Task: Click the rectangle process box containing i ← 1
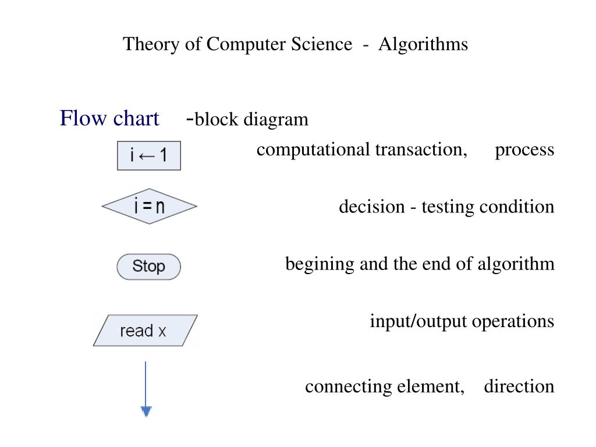pyautogui.click(x=149, y=155)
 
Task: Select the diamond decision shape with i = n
pyautogui.click(x=149, y=207)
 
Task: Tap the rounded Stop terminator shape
pyautogui.click(x=149, y=267)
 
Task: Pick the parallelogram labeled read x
pyautogui.click(x=144, y=331)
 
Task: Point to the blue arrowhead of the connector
pyautogui.click(x=146, y=411)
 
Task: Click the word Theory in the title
pyautogui.click(x=146, y=44)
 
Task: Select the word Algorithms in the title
pyautogui.click(x=423, y=44)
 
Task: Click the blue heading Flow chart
pyautogui.click(x=109, y=119)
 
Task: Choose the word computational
pyautogui.click(x=313, y=150)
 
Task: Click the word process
pyautogui.click(x=524, y=150)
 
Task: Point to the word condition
pyautogui.click(x=517, y=207)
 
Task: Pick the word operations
pyautogui.click(x=513, y=321)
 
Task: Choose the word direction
pyautogui.click(x=519, y=386)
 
